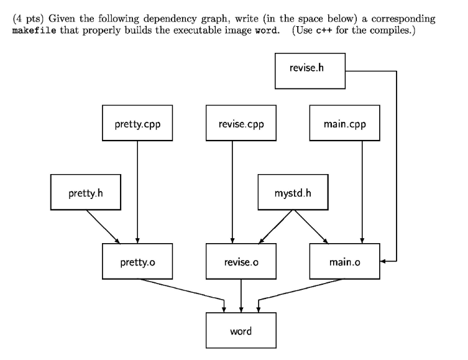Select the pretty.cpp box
137,124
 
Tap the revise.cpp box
241,124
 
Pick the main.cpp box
345,124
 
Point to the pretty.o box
137,262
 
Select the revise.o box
241,262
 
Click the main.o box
345,262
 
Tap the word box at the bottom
241,331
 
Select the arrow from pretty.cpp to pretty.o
137,193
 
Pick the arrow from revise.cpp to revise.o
232,193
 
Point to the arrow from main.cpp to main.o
362,193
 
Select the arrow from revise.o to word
241,295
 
